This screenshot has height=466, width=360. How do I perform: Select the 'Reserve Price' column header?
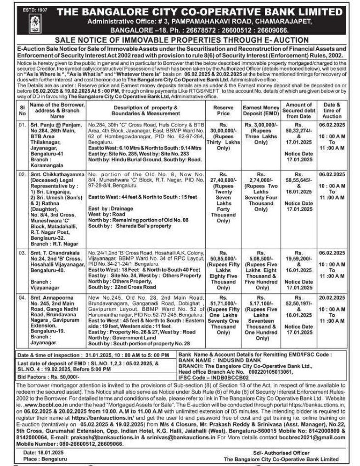(x=223, y=110)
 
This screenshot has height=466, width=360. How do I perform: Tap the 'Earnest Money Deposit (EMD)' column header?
(x=260, y=110)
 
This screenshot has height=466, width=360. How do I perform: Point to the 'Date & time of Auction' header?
(x=332, y=110)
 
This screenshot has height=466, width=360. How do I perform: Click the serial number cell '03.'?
(x=22, y=253)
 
